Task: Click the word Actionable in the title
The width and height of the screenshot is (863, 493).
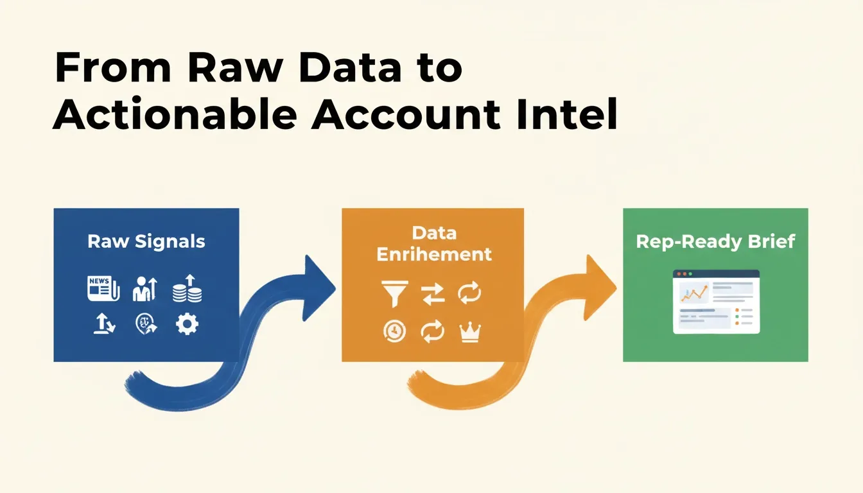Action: [x=175, y=114]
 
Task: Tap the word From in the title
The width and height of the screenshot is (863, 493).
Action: [x=113, y=67]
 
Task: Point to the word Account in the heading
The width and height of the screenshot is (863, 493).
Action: [x=406, y=114]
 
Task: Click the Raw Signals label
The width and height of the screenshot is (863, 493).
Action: [x=146, y=242]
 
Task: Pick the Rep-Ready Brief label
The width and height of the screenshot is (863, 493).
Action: [x=715, y=242]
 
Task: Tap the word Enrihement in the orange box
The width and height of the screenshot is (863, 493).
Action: [x=434, y=254]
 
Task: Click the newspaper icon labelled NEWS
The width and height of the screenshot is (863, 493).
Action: [x=103, y=288]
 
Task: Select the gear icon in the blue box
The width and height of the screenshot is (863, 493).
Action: [x=187, y=324]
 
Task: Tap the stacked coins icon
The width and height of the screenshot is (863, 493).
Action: [x=187, y=288]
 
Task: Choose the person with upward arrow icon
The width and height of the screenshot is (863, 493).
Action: [x=145, y=289]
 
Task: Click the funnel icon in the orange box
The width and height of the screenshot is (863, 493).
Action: [x=394, y=294]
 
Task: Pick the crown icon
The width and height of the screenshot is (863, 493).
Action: [x=470, y=333]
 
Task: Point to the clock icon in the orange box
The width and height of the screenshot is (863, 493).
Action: [x=394, y=331]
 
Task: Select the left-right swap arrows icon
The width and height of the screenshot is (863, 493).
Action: [x=433, y=294]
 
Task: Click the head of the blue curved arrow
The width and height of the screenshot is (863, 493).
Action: [x=318, y=288]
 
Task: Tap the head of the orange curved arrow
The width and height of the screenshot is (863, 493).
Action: [x=600, y=288]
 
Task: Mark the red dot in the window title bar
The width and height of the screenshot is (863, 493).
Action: [x=679, y=274]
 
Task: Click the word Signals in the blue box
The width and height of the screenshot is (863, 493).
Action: [x=170, y=242]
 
